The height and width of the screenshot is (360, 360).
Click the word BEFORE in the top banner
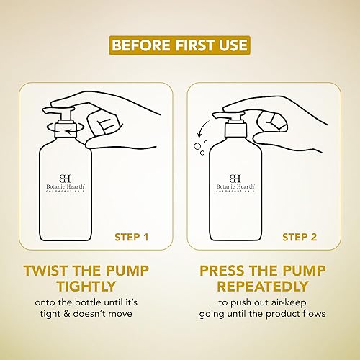pos(141,45)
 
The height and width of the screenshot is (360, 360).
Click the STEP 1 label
pos(132,237)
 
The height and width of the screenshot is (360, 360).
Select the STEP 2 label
pos(300,237)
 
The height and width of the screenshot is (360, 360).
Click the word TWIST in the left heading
pos(45,271)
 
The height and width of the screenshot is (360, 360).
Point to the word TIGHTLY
pos(86,286)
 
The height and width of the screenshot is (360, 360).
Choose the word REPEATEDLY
pos(263,286)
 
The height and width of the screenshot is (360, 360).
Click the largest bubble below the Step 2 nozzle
pos(197,146)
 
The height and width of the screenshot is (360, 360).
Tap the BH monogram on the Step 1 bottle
pos(65,179)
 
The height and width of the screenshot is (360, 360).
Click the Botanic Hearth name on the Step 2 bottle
pos(235,186)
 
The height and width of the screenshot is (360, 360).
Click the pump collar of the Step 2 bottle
pos(235,130)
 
